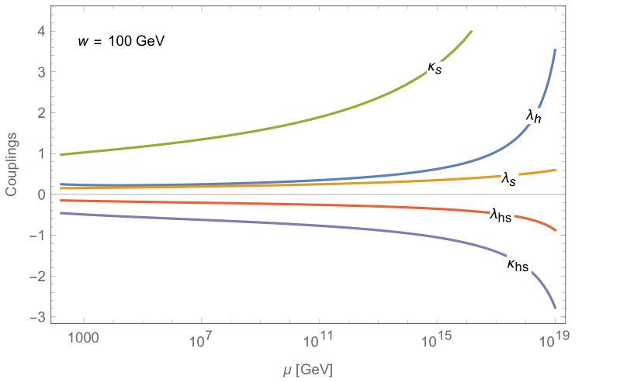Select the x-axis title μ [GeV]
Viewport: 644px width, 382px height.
(308, 370)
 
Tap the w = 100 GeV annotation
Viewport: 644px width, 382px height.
(120, 40)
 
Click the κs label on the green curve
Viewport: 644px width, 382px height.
(435, 69)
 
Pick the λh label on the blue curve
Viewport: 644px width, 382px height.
(534, 116)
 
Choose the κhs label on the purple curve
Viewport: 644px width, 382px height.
(518, 266)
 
